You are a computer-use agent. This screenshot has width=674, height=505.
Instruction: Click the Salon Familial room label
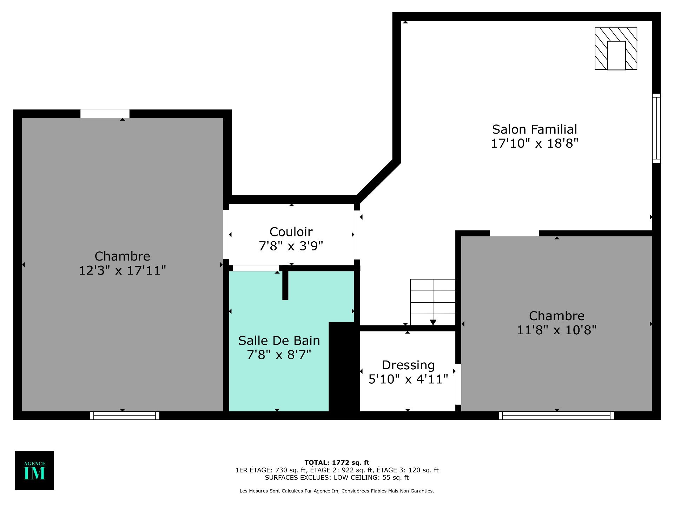point(534,129)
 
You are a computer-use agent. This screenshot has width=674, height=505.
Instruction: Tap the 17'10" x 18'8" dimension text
point(534,143)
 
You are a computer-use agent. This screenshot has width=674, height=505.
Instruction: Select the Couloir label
point(291,232)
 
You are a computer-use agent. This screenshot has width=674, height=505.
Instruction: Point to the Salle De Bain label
point(279,341)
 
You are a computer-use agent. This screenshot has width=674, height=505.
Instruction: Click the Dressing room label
point(408,365)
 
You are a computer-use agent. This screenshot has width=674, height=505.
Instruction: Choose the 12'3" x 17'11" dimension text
point(122,270)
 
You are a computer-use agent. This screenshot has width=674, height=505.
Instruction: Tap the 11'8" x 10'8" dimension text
point(557,330)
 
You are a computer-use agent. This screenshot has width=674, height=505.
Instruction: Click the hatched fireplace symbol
point(616,48)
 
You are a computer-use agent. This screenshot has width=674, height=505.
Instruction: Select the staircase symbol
point(433,302)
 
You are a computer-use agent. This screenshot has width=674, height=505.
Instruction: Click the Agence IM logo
point(34,470)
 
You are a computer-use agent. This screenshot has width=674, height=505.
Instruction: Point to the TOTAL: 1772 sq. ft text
point(337,463)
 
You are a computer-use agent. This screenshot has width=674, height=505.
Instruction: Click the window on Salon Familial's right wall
point(656,128)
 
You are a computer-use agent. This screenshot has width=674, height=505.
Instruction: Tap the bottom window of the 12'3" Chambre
point(125,416)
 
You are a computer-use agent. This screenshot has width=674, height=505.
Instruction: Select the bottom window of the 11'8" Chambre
point(556,416)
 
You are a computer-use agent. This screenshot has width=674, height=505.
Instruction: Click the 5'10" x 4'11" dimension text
point(408,379)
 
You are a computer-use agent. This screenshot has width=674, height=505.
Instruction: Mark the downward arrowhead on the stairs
point(433,322)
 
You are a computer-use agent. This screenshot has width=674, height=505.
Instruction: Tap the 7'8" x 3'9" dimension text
point(291,246)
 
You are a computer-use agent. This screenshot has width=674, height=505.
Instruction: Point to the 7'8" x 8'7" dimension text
point(279,355)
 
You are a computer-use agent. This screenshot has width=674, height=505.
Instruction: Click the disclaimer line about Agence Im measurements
point(337,491)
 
